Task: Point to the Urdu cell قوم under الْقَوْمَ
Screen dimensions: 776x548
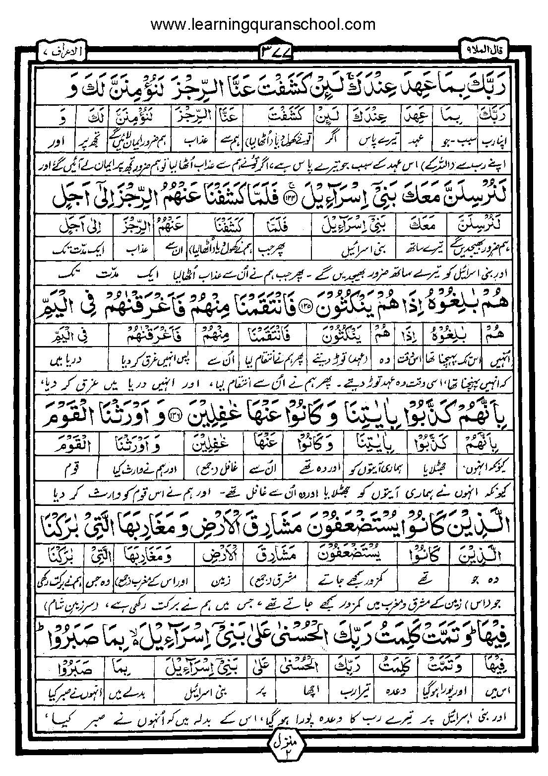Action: point(68,469)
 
